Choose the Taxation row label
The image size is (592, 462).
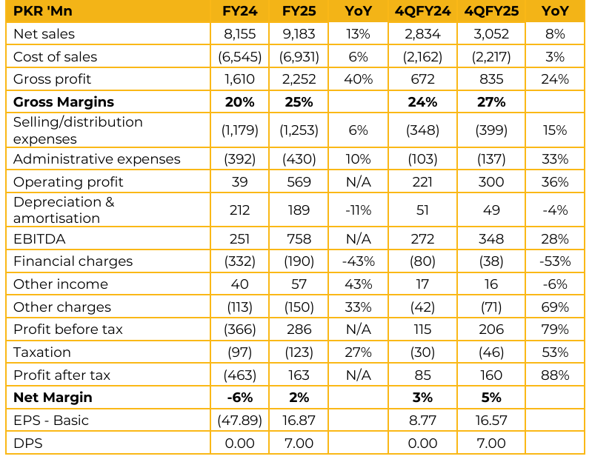tap(42, 352)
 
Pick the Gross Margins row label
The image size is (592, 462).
tap(64, 102)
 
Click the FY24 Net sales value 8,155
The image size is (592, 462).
tap(242, 34)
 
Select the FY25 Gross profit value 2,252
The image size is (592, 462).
tap(299, 79)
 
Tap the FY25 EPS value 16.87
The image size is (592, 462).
tap(299, 421)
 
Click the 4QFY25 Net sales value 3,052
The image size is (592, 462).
tap(486, 34)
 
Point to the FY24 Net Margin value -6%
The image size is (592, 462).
tap(242, 398)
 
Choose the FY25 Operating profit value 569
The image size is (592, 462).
tap(299, 182)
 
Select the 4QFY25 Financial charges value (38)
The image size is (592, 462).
tap(486, 261)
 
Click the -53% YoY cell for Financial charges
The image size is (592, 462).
tap(554, 261)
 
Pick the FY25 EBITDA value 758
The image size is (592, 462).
tap(299, 238)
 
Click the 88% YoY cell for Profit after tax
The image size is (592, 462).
tap(554, 375)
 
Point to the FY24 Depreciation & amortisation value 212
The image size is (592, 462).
tap(242, 210)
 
